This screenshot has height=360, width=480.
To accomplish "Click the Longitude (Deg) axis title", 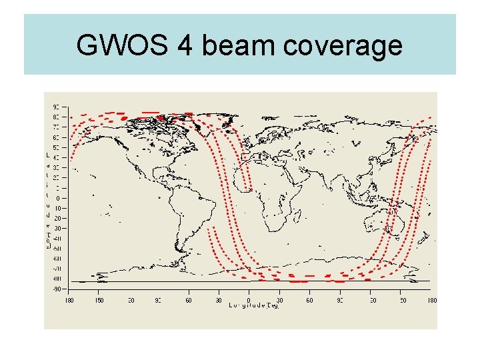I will [x=253, y=306].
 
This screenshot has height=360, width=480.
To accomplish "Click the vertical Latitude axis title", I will [x=47, y=201].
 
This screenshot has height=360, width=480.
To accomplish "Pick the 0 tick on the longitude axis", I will [x=249, y=300].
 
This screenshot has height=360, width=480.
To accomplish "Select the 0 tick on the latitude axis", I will [x=57, y=198].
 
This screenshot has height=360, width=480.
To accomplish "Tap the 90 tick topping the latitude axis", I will [x=56, y=106].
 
